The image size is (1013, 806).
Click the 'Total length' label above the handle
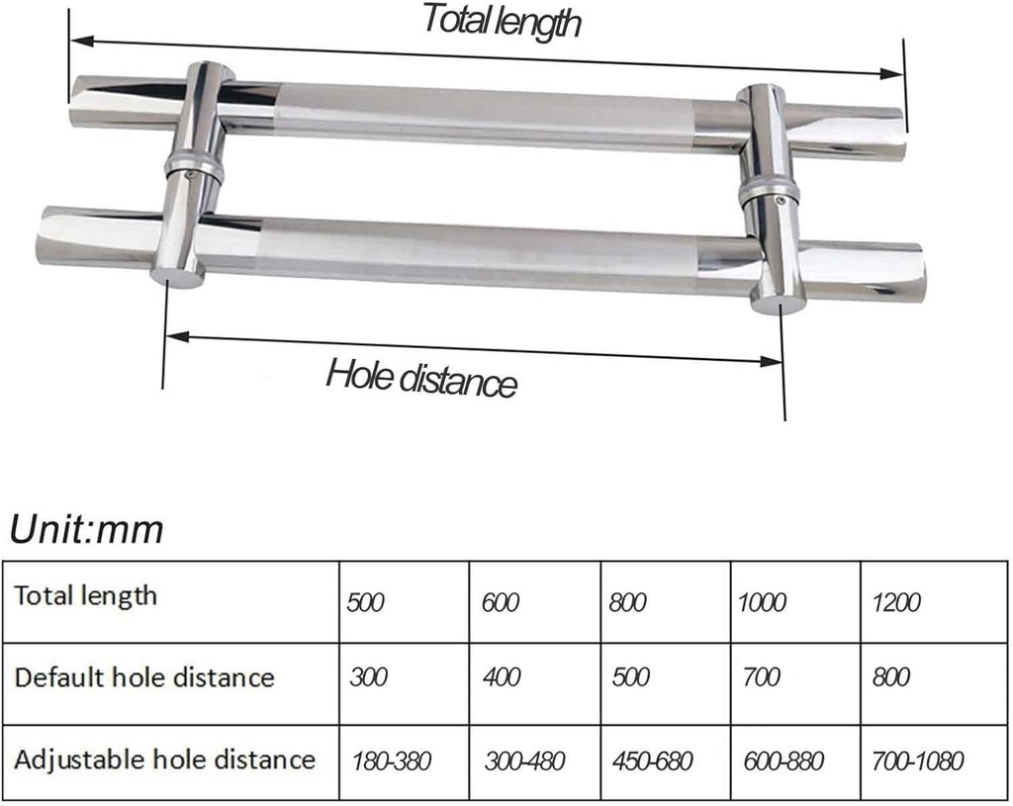pos(502,20)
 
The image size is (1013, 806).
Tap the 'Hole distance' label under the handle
pos(422,377)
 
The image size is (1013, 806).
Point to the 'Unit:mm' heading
pos(86,531)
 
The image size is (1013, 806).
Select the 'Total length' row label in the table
pos(85,595)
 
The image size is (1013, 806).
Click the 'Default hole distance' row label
pos(143,677)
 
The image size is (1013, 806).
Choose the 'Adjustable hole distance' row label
pos(164,760)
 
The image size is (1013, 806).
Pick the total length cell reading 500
pos(365,602)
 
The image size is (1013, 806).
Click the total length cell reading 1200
pos(897,602)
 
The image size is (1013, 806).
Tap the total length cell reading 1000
pos(763,602)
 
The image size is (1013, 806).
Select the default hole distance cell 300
pos(368,677)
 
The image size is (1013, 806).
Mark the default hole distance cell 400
pos(502,677)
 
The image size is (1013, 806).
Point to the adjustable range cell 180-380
pos(393,761)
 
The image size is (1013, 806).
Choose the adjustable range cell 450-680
pos(652,761)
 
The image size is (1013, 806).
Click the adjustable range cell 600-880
pos(783,761)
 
